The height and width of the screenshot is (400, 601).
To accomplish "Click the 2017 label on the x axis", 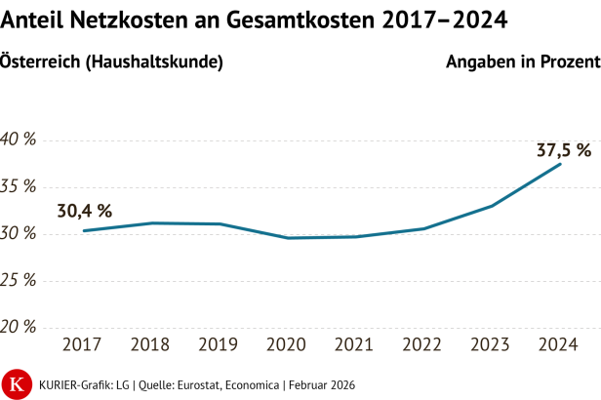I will point(83,345).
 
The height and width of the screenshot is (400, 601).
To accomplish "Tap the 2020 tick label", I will point(288,345).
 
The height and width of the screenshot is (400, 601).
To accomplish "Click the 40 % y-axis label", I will point(18,140).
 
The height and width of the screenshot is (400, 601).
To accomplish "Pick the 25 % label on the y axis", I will point(18,280).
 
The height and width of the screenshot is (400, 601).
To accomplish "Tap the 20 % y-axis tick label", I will point(18,327).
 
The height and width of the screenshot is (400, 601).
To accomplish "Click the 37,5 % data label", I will point(564,150).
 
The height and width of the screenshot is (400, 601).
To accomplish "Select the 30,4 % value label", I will point(84,210).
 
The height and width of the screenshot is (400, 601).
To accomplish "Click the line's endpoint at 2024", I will point(560,164).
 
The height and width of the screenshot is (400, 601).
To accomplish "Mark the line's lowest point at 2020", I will point(288,238).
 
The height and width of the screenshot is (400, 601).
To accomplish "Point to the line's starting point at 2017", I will point(84,230).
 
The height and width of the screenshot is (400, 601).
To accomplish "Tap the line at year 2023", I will point(493,206).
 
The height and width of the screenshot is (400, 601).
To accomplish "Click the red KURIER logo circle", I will point(17,383).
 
